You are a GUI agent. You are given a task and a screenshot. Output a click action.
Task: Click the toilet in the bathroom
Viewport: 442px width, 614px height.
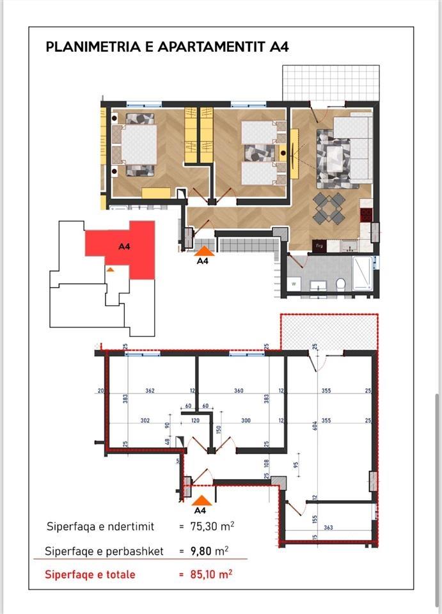pos(341,283)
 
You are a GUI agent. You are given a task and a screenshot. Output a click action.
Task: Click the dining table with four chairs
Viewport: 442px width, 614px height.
pos(329,208)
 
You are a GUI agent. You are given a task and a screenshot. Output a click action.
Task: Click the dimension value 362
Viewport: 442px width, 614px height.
pos(150,391)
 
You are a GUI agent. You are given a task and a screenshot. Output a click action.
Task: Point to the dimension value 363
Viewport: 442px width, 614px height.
pos(329,527)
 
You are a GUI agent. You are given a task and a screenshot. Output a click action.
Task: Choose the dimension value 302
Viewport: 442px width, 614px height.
pos(145,421)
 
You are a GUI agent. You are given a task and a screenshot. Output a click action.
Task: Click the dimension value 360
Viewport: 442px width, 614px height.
pos(239,391)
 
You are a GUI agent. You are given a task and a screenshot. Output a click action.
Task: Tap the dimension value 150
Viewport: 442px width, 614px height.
pos(219,430)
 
